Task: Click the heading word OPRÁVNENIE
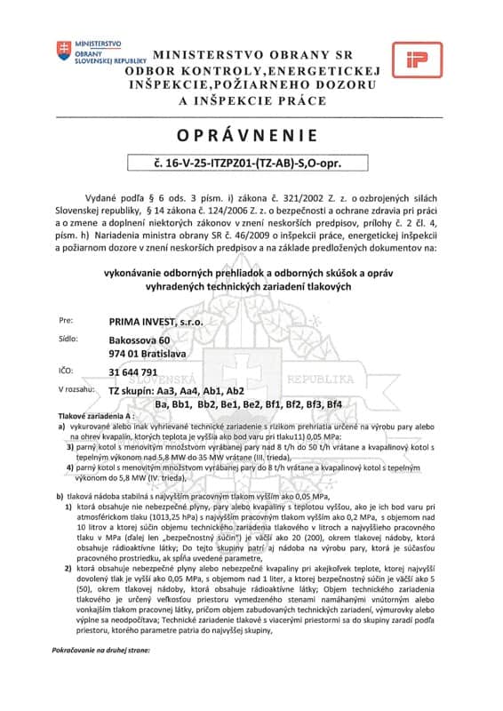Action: (x=251, y=135)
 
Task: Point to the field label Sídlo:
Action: (x=68, y=340)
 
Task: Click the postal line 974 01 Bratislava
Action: (x=147, y=353)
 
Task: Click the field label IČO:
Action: (x=67, y=372)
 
